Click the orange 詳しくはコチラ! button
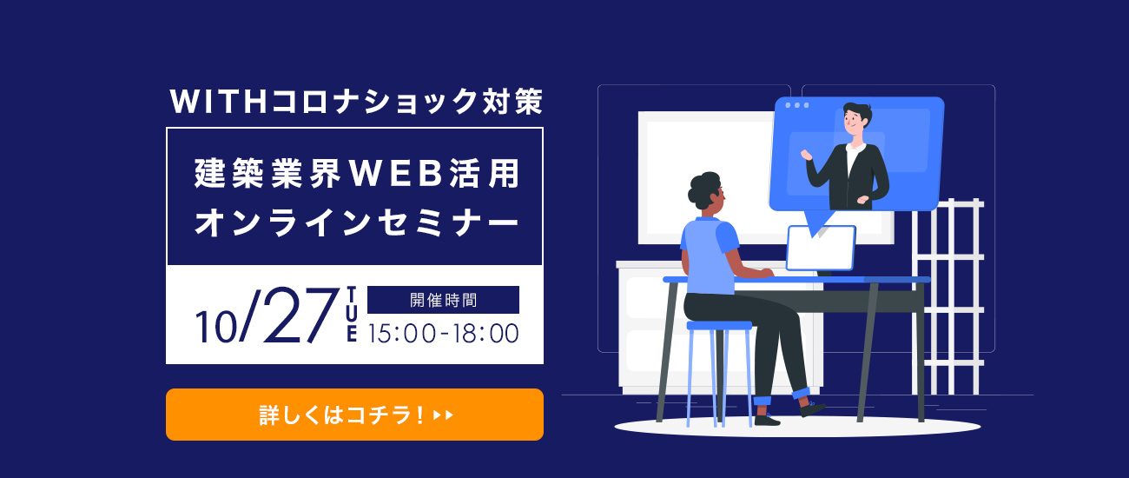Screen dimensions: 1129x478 (x=354, y=415)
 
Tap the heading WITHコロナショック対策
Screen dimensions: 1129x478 (x=356, y=102)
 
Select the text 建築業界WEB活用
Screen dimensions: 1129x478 (x=356, y=174)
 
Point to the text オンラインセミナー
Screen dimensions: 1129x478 (x=356, y=222)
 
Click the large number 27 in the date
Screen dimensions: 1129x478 (x=300, y=316)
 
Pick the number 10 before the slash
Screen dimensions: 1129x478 (x=215, y=327)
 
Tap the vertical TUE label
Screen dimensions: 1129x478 (x=352, y=315)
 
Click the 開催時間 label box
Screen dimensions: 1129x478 (x=443, y=300)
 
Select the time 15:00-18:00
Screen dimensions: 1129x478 (x=443, y=333)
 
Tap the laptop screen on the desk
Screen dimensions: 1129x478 (x=821, y=248)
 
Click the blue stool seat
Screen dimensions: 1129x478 (x=719, y=326)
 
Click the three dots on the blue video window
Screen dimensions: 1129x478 (x=797, y=105)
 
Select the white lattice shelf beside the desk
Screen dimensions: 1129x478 (x=947, y=296)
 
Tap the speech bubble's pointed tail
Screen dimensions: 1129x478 (x=815, y=222)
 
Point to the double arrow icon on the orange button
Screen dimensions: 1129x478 (x=444, y=415)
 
